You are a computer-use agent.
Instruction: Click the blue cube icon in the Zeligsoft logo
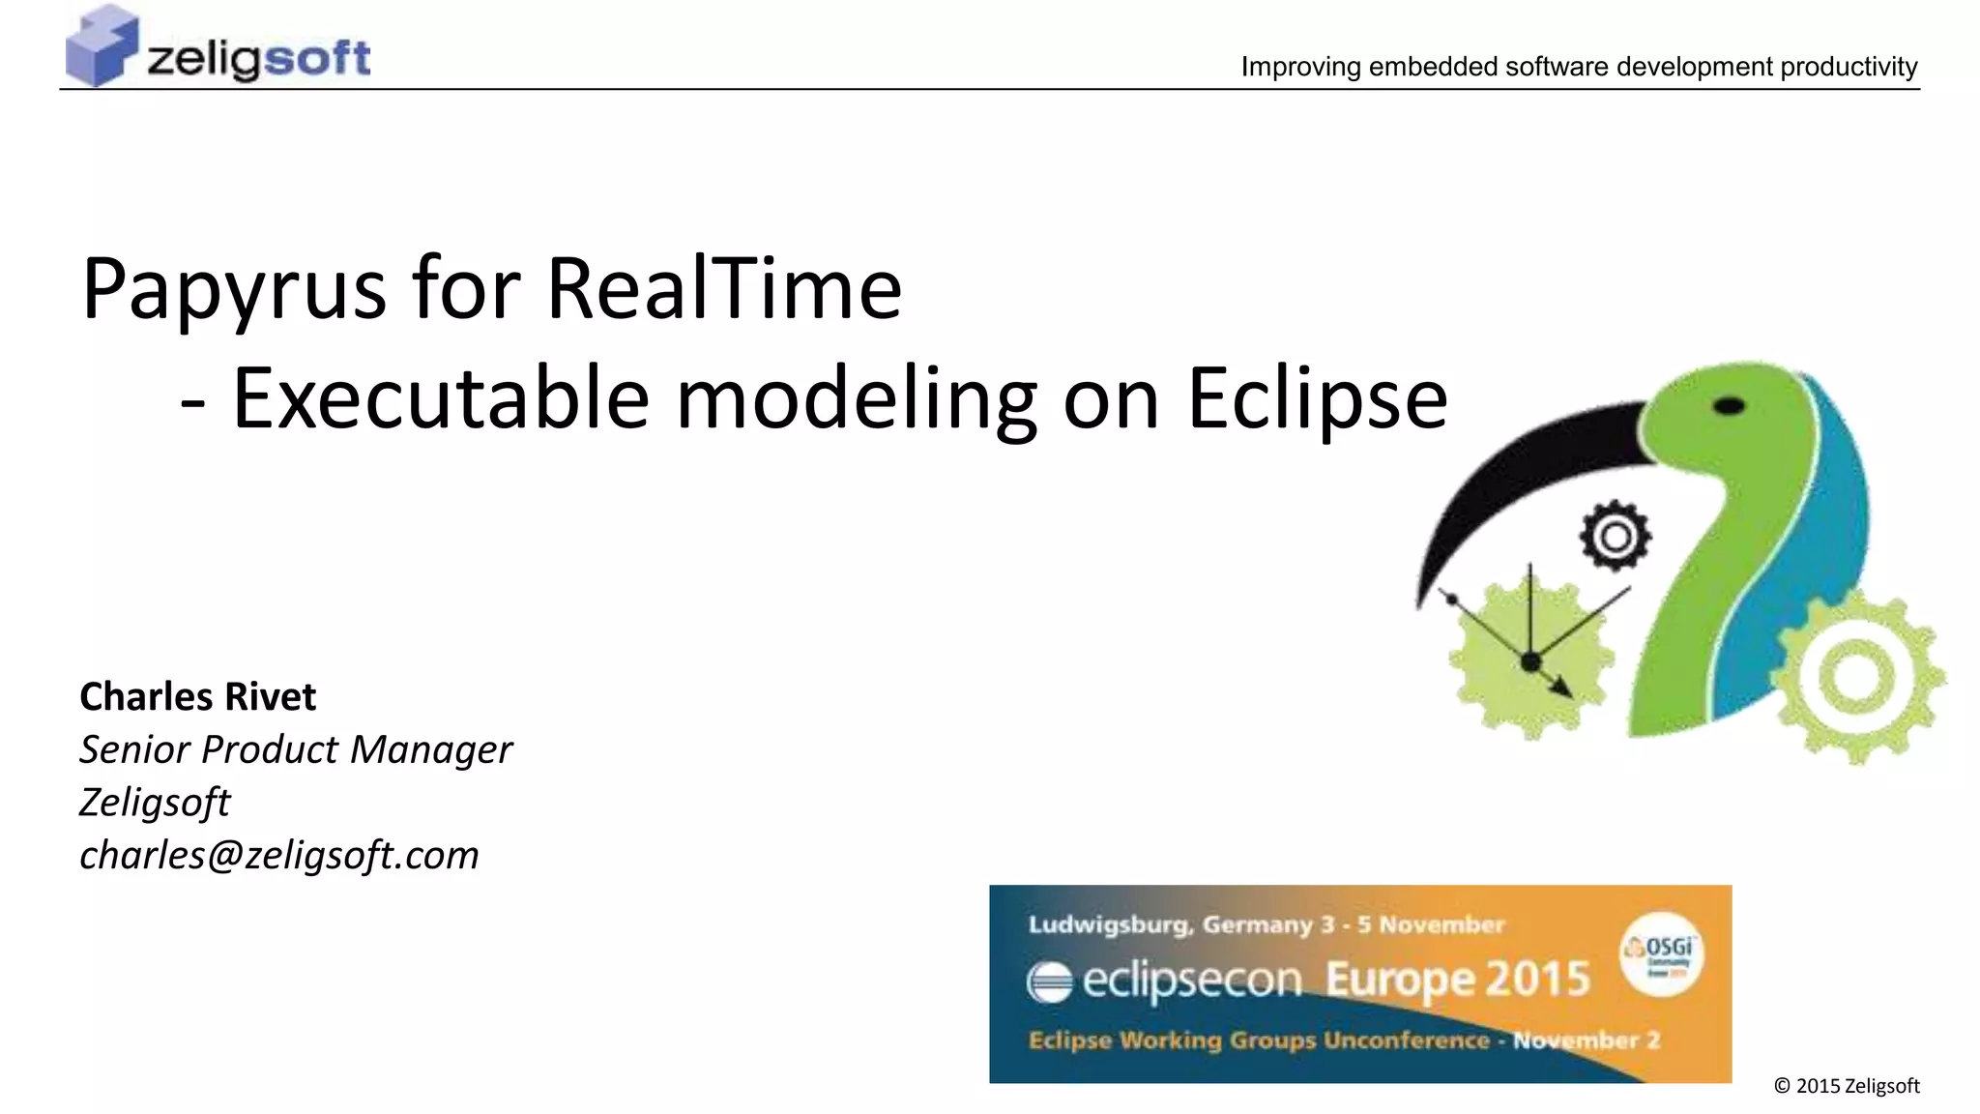(101, 45)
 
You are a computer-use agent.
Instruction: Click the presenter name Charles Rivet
(197, 696)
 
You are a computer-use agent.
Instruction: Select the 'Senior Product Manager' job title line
(296, 749)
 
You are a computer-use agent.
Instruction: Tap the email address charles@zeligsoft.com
(279, 855)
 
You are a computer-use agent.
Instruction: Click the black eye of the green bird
(1729, 406)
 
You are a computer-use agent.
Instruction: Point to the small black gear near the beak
(1615, 537)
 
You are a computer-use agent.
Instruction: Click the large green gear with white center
(1855, 677)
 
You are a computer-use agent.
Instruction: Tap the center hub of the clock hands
(1530, 662)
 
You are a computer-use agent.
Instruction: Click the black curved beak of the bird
(1518, 474)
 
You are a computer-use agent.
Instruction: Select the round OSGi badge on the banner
(1662, 954)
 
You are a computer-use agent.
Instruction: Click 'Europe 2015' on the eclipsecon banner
(1457, 980)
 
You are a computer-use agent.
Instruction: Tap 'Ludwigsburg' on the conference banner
(1108, 924)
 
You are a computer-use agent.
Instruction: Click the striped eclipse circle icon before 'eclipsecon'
(1050, 982)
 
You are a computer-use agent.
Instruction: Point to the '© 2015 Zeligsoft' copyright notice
(1847, 1086)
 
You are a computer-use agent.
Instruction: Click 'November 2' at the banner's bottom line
(1586, 1041)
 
